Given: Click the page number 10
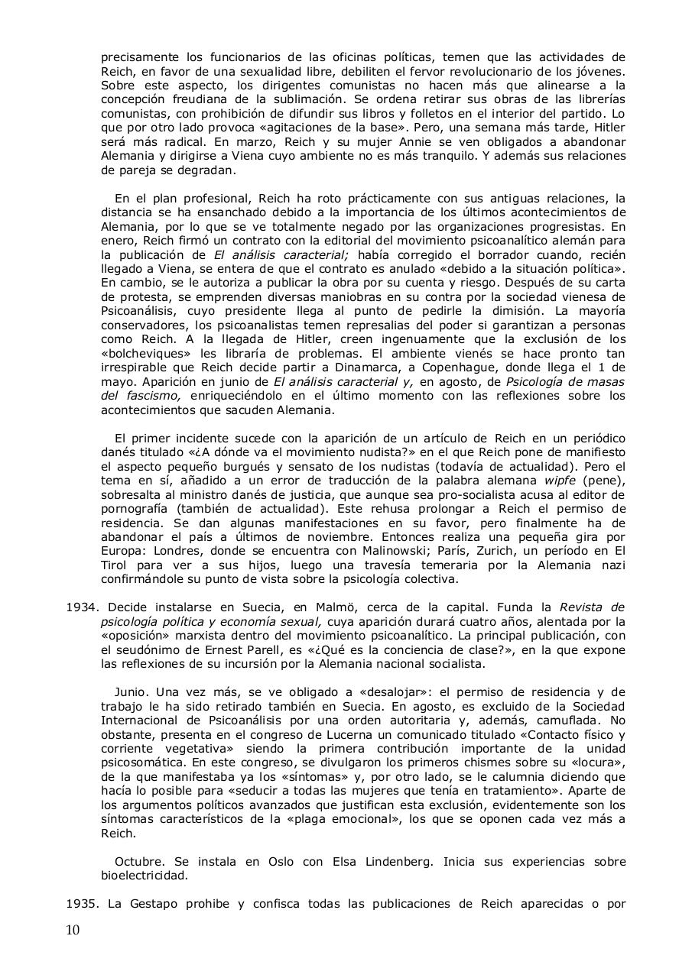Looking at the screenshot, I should coord(73,929).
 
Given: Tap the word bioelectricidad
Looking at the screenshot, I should coord(144,875).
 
